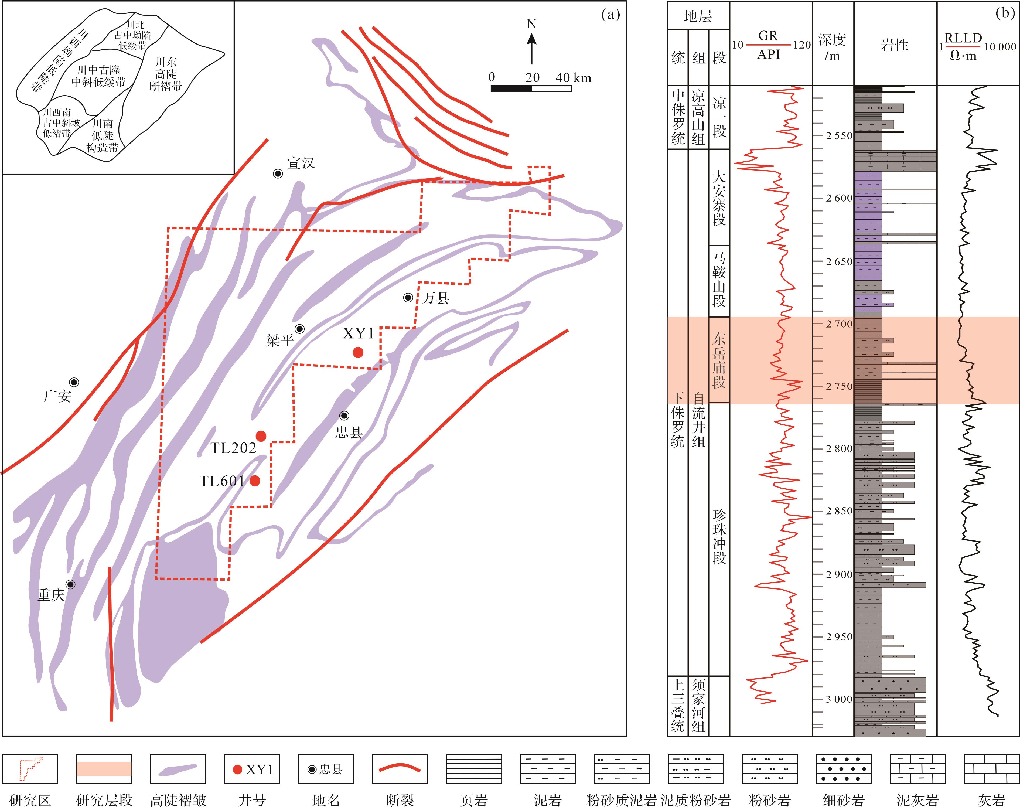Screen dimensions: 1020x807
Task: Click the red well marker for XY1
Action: click(358, 352)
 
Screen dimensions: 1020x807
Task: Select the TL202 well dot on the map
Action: click(261, 436)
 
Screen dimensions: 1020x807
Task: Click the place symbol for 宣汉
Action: click(278, 173)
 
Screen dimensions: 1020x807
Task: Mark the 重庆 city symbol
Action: click(70, 584)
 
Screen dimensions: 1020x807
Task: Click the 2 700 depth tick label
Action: click(839, 324)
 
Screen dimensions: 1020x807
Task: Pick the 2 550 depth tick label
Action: click(839, 136)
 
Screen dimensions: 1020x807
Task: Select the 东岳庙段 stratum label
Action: click(719, 360)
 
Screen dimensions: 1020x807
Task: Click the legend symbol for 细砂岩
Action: click(844, 769)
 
